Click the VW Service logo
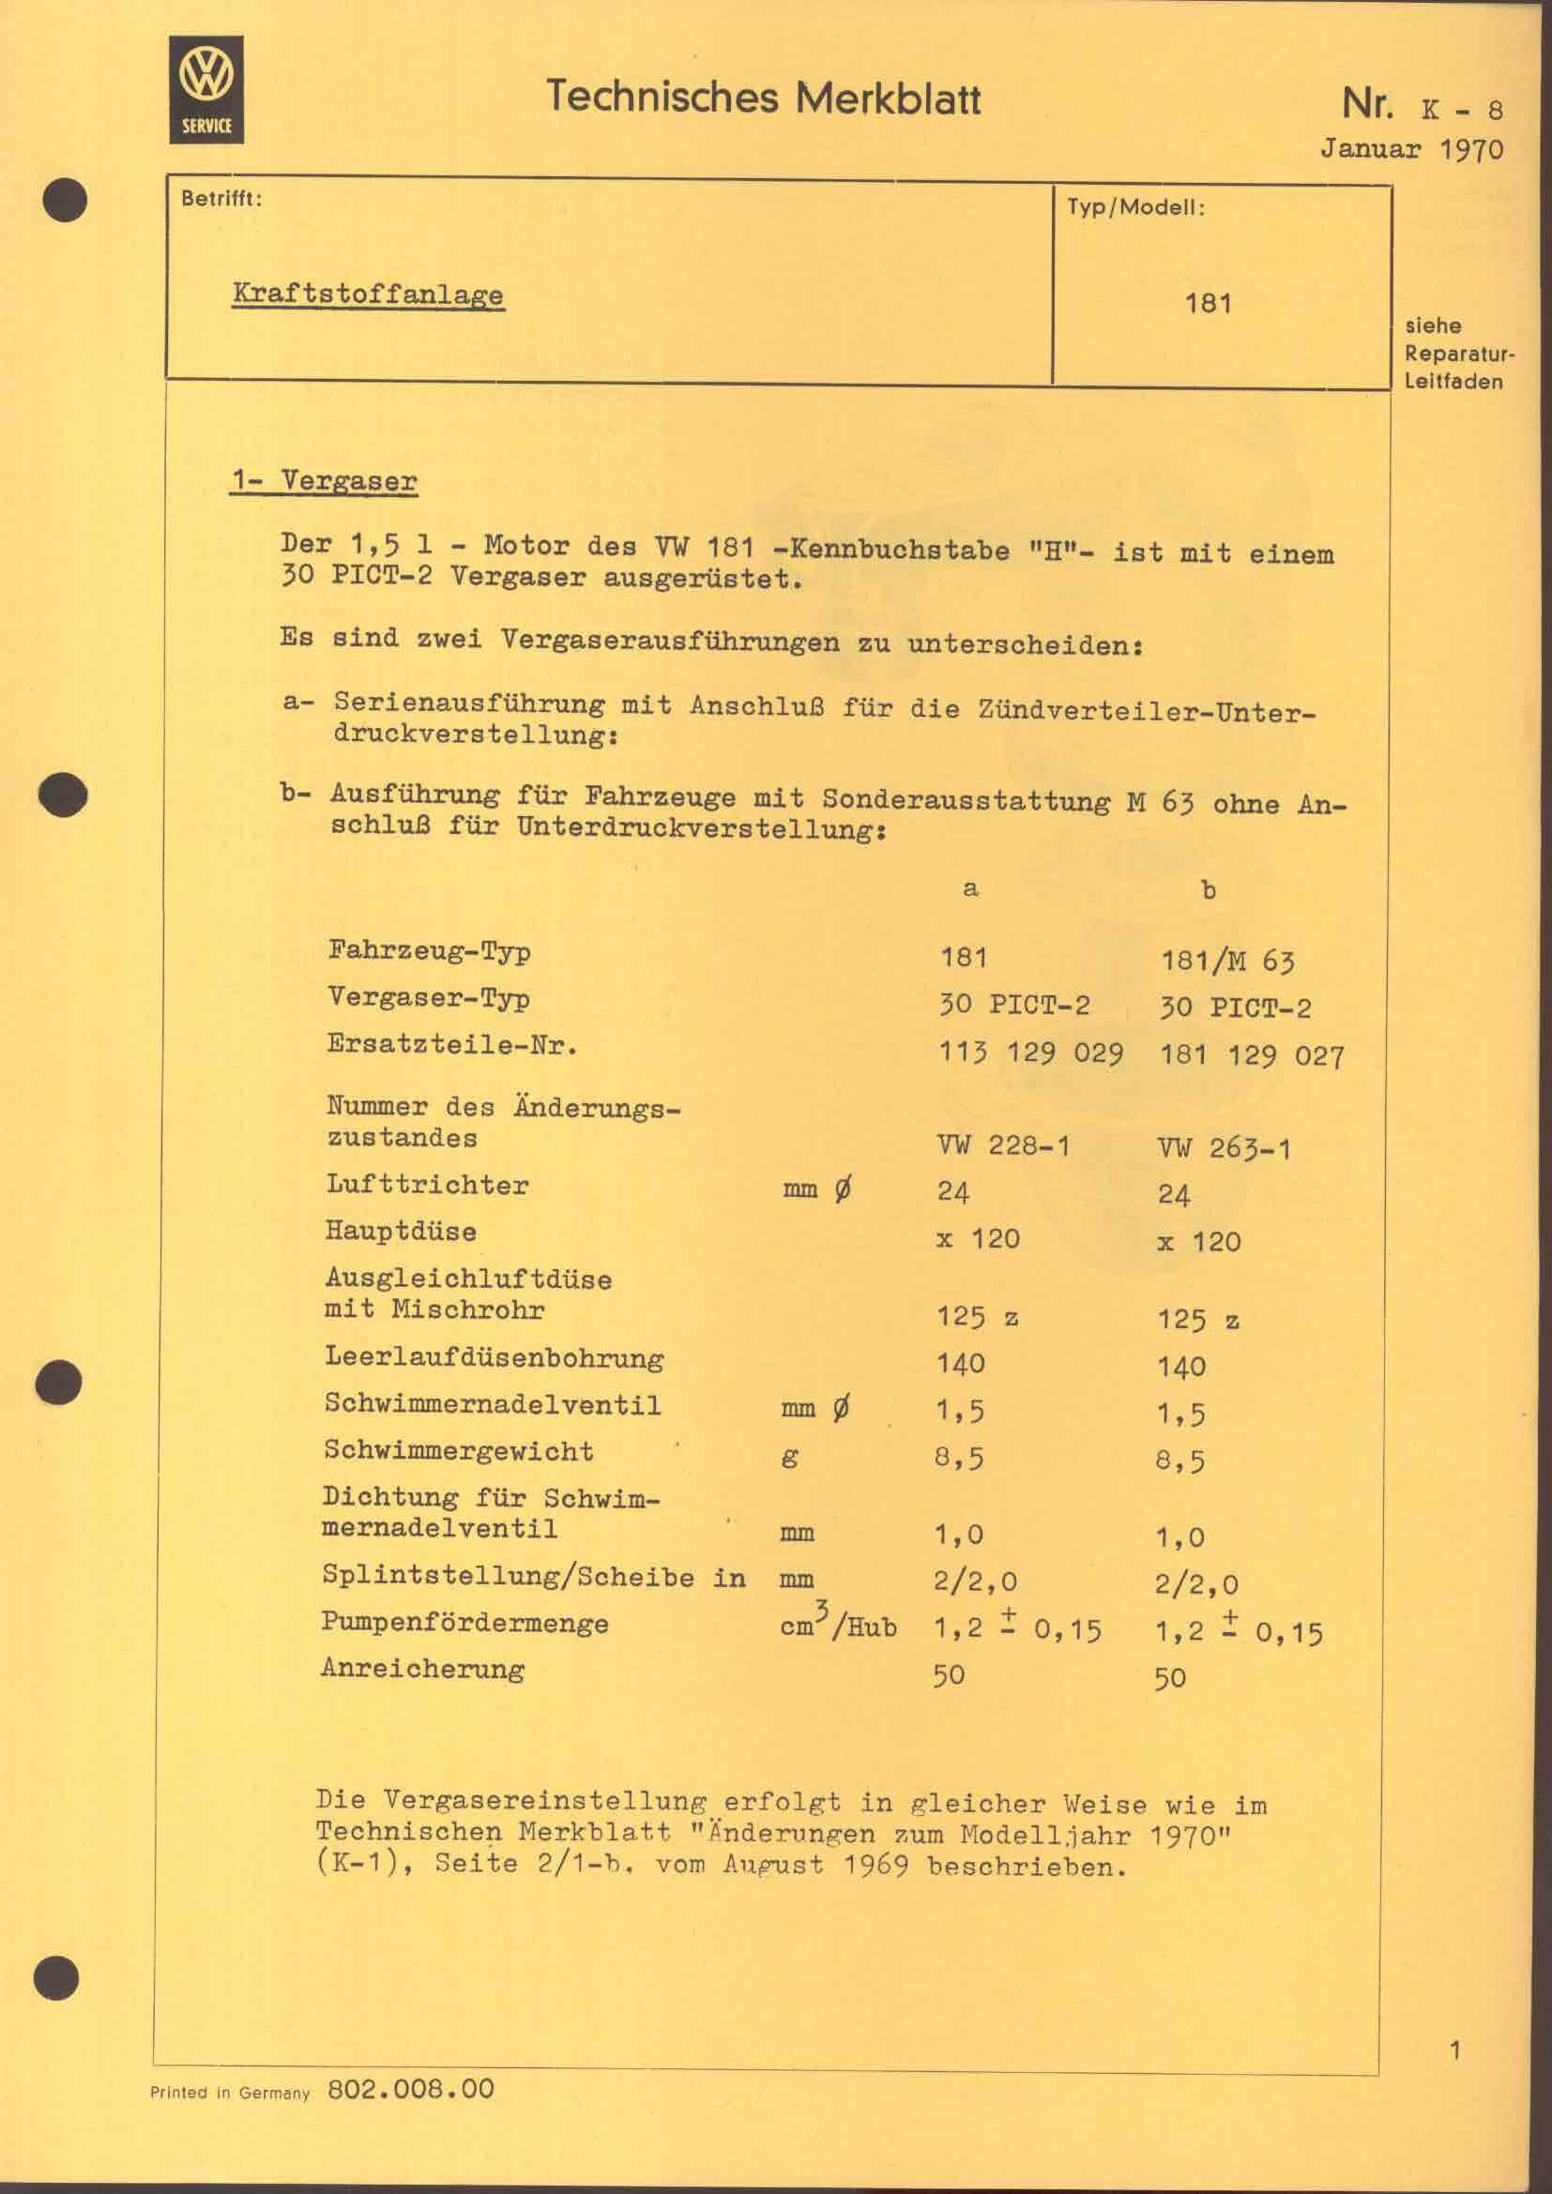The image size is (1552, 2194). coord(206,90)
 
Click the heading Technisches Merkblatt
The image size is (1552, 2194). coord(763,98)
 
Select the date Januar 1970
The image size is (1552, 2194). coord(1411,149)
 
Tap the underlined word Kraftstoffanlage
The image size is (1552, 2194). coord(368,295)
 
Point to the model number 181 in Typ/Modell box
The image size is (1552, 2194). coord(1208,304)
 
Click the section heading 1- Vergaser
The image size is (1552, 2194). coord(323,479)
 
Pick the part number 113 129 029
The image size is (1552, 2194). coord(1030,1052)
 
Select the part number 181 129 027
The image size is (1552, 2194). coord(1252,1055)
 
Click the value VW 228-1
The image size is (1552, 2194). coord(1002,1144)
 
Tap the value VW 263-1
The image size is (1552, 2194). coord(1224,1147)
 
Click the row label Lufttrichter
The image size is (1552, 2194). coord(426,1185)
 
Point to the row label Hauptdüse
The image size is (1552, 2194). coord(401,1231)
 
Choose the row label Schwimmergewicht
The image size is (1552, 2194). coord(459,1450)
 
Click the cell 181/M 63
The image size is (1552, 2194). coord(1227,961)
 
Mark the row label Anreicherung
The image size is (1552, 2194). coord(422,1670)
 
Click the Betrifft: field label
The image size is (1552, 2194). coord(221,199)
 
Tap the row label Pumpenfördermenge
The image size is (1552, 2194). coord(464,1623)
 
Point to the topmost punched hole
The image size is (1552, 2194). coord(65,201)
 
